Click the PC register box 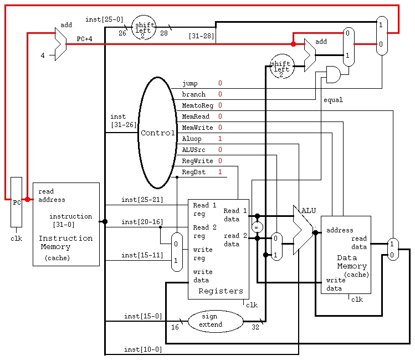(x=16, y=202)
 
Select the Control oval (x=157, y=133)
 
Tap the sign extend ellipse (x=216, y=321)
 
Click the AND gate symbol (x=334, y=74)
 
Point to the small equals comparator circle (x=257, y=227)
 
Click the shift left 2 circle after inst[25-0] (x=144, y=28)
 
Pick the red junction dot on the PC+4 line (x=293, y=44)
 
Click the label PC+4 (x=84, y=39)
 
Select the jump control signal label (x=189, y=83)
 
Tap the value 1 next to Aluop (x=220, y=139)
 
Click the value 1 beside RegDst (x=220, y=172)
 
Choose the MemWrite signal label (x=197, y=128)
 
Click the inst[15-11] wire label (x=142, y=255)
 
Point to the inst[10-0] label (x=143, y=349)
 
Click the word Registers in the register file (x=221, y=291)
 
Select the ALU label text (x=309, y=211)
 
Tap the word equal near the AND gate (x=333, y=100)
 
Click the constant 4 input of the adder (x=43, y=55)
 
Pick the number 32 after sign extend (x=255, y=327)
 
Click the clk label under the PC (x=16, y=239)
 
